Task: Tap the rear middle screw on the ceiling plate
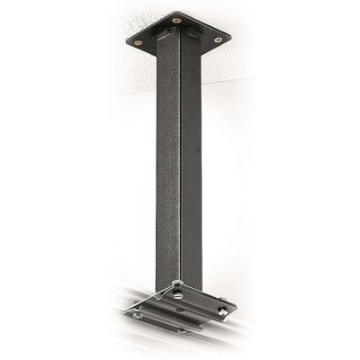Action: click(176, 19)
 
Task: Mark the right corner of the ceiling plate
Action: click(230, 36)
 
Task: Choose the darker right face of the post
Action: click(191, 153)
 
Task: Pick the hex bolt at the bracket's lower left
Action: click(138, 316)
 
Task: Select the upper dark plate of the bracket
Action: click(202, 302)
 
